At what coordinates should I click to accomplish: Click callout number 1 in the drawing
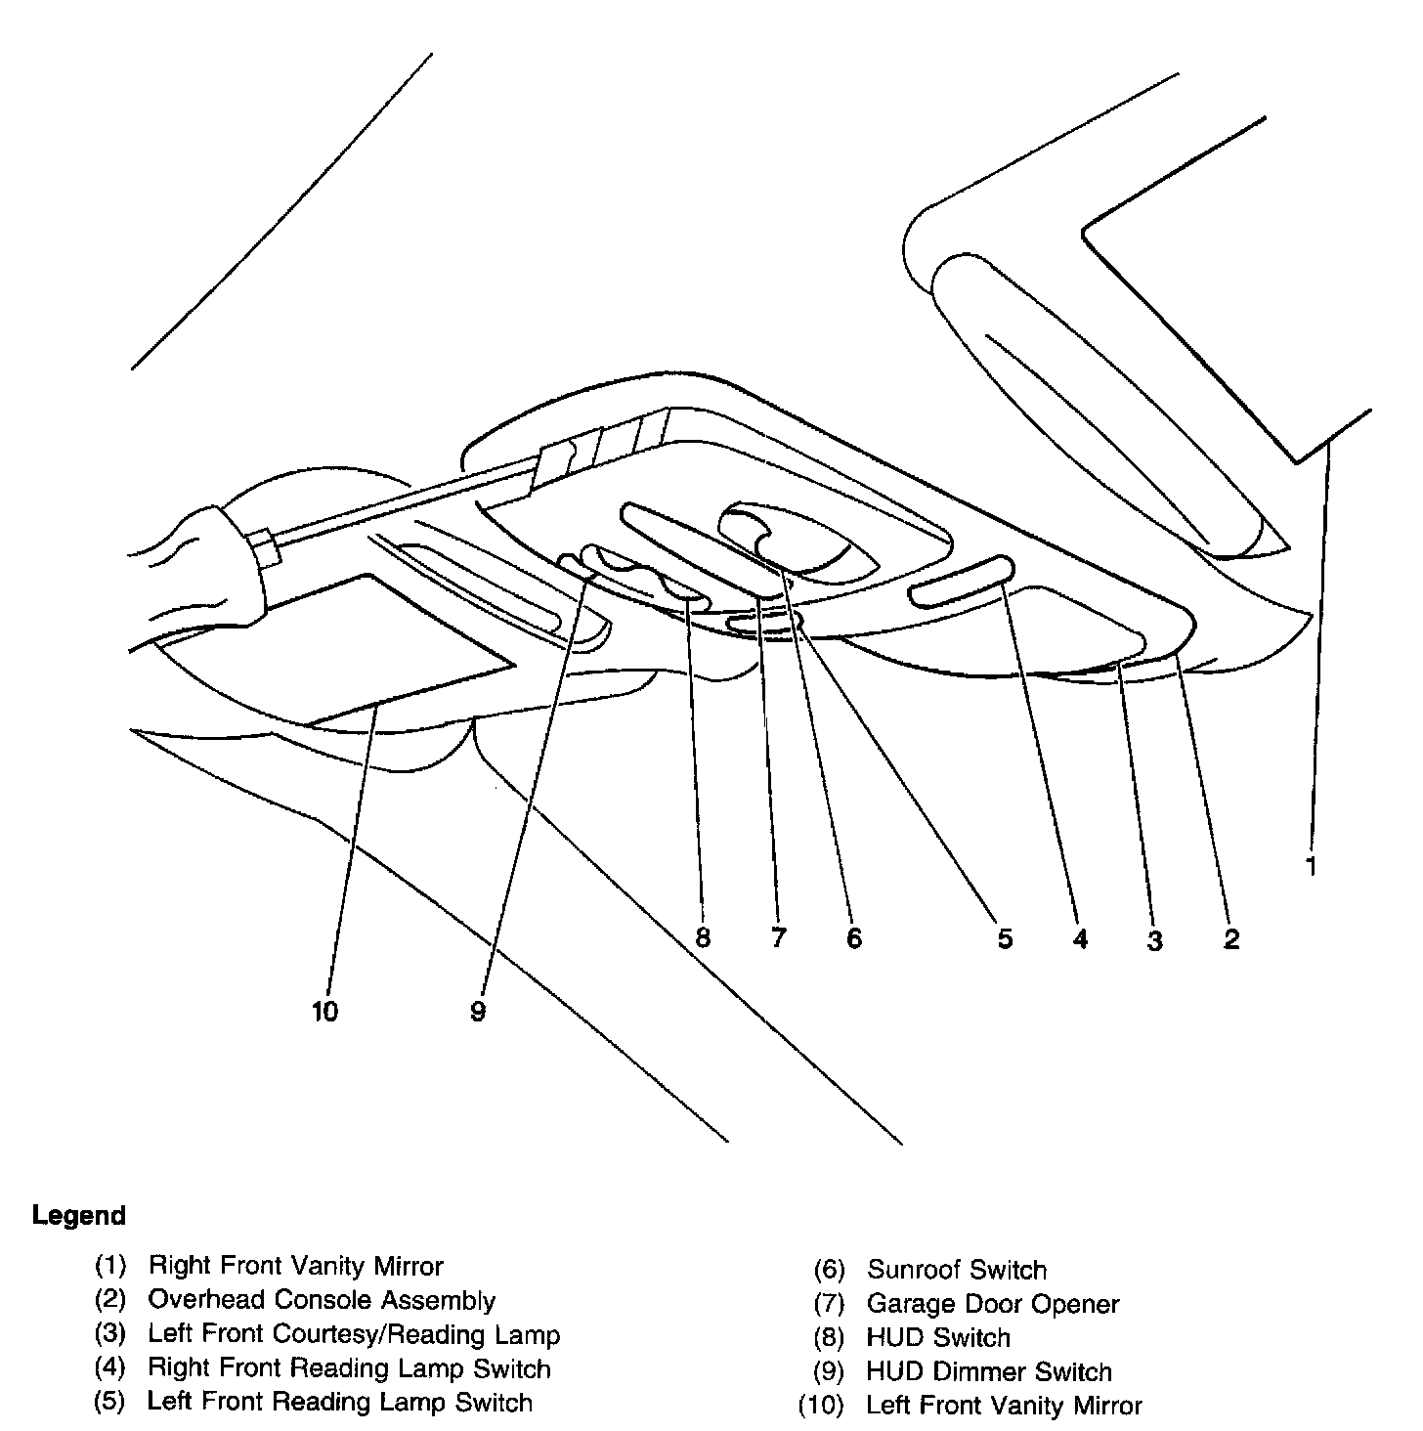click(1312, 865)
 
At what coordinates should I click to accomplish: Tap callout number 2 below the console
click(1231, 939)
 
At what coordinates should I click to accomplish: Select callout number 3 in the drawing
click(1155, 941)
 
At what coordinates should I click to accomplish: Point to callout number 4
click(1079, 938)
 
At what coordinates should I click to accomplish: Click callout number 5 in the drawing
click(1005, 938)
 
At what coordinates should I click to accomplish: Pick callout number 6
click(854, 938)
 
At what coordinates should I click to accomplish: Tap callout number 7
click(778, 938)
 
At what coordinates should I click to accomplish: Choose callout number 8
click(702, 937)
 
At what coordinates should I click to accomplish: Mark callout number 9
click(477, 1012)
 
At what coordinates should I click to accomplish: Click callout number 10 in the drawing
click(324, 1012)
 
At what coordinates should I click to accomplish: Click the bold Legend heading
click(79, 1216)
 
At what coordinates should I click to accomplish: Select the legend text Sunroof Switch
click(956, 1270)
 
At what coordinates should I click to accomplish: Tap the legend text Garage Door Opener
click(992, 1304)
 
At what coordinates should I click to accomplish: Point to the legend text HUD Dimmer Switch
click(988, 1372)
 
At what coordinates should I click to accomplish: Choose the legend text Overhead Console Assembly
click(322, 1300)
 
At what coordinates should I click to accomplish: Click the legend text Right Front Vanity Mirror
click(295, 1267)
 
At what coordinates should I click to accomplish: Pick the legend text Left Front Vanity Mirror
click(1004, 1406)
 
